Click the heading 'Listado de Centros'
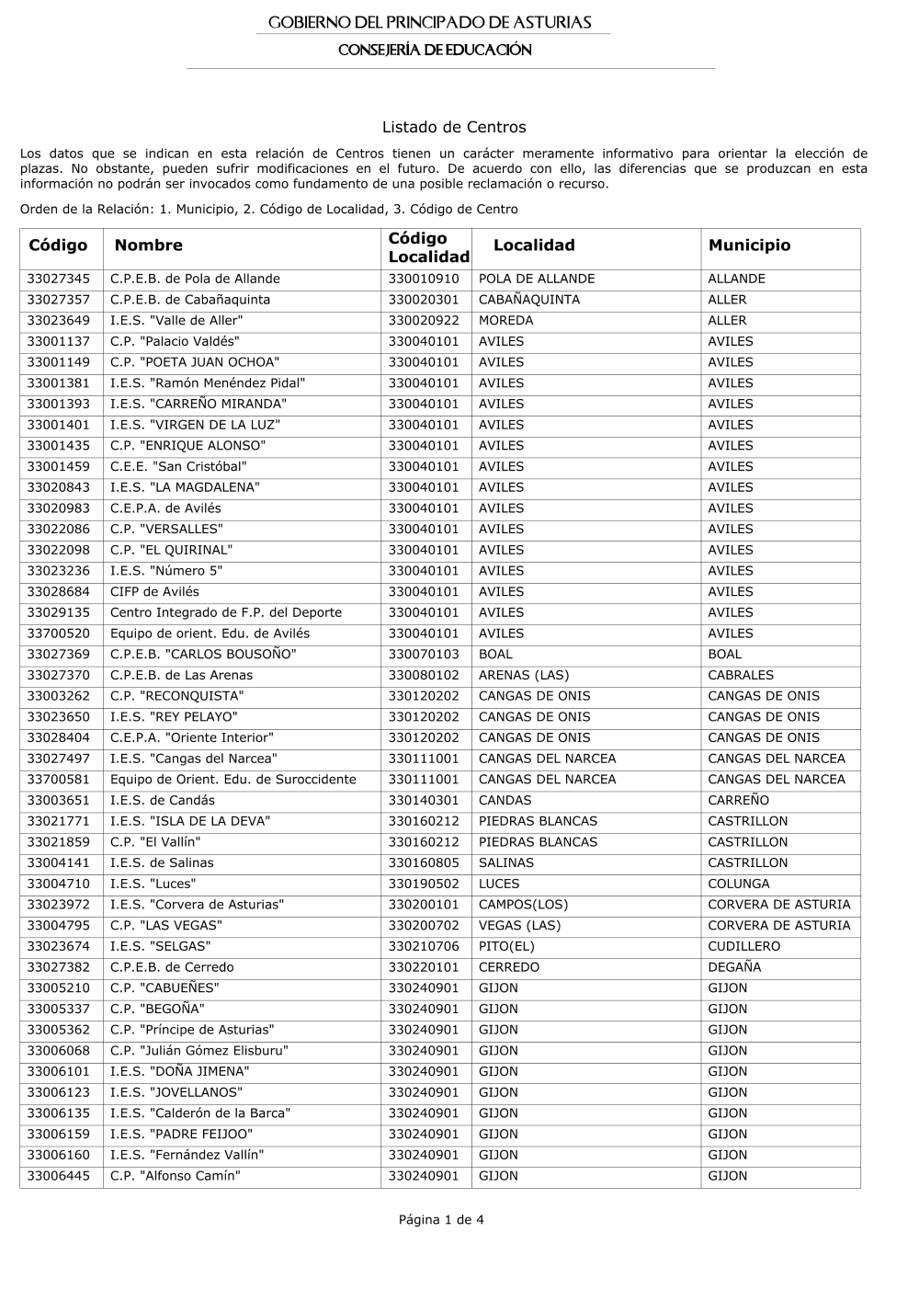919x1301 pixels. click(453, 127)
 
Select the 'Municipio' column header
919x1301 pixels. click(749, 245)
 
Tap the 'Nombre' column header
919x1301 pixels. click(148, 245)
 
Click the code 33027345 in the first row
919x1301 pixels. click(59, 279)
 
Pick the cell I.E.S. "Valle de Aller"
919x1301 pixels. click(176, 321)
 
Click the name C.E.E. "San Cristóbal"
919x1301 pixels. click(178, 467)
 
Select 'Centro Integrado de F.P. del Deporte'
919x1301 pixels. click(225, 613)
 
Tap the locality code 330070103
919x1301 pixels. click(423, 655)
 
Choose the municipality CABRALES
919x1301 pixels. click(741, 676)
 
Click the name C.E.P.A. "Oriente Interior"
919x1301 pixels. click(191, 738)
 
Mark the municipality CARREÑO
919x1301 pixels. click(738, 801)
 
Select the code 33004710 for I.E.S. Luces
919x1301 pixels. click(59, 884)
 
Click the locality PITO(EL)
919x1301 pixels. click(506, 947)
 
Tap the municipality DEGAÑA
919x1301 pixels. click(734, 968)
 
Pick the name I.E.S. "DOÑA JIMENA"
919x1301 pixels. click(179, 1072)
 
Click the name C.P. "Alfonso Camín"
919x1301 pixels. click(175, 1177)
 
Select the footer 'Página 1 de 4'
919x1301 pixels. click(441, 1220)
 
